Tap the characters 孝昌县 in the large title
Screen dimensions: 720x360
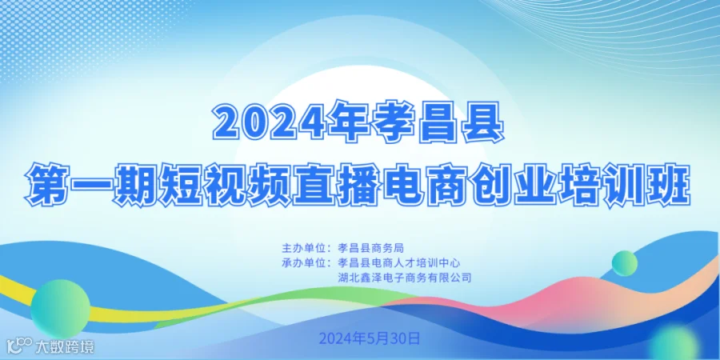coord(438,122)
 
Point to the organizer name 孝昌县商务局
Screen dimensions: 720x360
coord(370,249)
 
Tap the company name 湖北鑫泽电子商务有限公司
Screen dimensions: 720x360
coord(405,278)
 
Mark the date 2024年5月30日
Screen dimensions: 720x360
coord(370,339)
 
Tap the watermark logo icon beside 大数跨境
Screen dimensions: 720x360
coord(20,345)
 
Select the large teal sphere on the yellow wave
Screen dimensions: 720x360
coord(60,309)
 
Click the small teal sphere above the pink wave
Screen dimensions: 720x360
coord(625,263)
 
